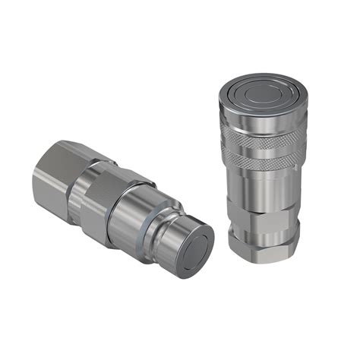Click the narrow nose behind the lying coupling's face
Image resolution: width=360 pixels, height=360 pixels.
171,228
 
